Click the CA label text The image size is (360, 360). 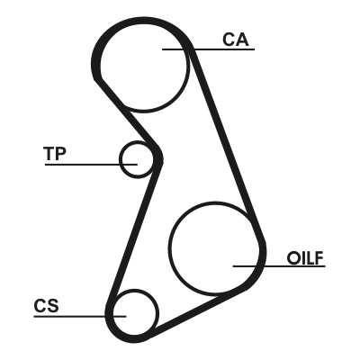point(236,40)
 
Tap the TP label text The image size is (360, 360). point(55,154)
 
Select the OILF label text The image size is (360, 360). point(305,258)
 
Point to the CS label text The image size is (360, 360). point(47,306)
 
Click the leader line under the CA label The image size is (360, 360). point(208,49)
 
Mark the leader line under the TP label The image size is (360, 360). point(91,165)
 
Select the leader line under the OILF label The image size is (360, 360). point(279,266)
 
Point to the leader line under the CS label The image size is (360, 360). point(80,316)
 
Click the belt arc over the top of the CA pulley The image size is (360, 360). point(142,22)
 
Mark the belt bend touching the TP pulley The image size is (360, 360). point(159,158)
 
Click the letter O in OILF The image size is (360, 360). point(292,258)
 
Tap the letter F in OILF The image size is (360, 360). point(319,258)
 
